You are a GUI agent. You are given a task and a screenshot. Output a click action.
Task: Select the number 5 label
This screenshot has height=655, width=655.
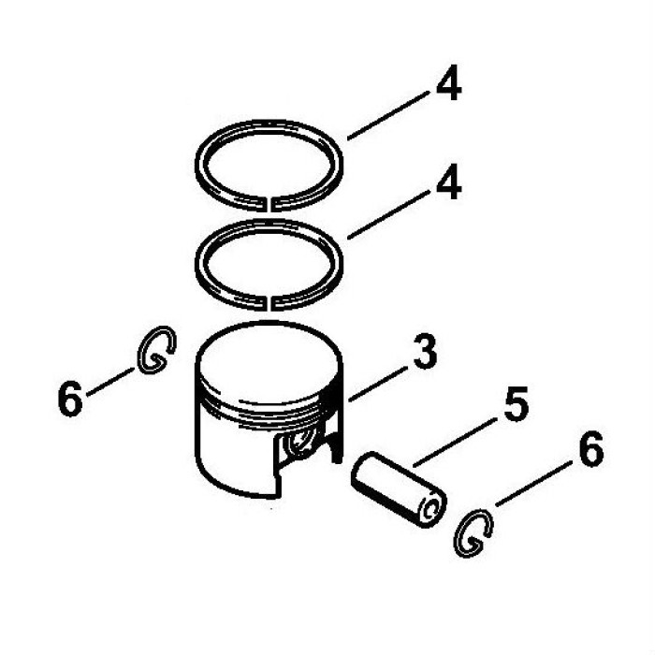coord(517,403)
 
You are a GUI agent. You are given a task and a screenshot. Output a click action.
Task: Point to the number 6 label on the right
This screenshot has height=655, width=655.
coord(591,448)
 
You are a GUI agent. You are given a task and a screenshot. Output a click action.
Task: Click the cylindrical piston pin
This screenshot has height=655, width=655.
coord(399,488)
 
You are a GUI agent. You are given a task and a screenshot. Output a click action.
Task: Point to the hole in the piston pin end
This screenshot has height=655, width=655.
coord(431,511)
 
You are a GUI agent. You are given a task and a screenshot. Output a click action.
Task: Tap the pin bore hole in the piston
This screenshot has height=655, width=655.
coord(300,441)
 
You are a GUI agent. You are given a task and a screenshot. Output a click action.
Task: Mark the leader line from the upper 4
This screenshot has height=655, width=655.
coord(388,115)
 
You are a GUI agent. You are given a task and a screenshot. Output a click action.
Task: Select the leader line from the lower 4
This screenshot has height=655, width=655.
coord(388,214)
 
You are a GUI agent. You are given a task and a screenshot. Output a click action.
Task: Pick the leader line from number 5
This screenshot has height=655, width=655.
coord(454,444)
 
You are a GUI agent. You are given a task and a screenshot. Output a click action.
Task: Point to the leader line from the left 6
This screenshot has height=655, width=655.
coord(110,381)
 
